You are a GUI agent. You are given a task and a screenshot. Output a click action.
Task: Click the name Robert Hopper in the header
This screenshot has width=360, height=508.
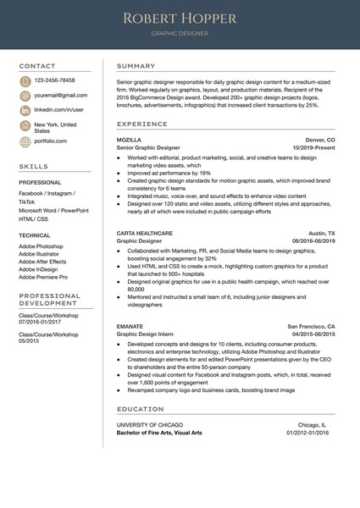[x=180, y=18]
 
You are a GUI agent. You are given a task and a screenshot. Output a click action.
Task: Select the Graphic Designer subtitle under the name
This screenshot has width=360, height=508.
[x=180, y=36]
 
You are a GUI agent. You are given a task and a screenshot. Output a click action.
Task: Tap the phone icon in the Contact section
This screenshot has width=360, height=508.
[x=25, y=81]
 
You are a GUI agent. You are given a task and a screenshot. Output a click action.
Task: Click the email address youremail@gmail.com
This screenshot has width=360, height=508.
[x=61, y=96]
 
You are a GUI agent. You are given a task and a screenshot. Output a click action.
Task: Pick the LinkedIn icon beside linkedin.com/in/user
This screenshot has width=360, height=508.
[x=25, y=111]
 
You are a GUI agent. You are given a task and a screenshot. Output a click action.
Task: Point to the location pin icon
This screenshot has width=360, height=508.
[x=25, y=126]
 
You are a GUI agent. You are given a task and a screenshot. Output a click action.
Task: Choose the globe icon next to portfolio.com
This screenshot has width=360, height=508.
[x=25, y=142]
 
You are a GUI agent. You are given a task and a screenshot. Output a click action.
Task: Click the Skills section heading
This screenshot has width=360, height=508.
[x=34, y=168]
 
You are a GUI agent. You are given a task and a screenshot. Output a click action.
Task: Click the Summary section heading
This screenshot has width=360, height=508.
[x=136, y=66]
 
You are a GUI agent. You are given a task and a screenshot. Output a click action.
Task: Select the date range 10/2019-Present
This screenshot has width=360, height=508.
[x=313, y=148]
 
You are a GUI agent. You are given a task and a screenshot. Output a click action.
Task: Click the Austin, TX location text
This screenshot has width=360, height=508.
[x=321, y=232]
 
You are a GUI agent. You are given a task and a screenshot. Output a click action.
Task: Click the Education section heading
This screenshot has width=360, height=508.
[x=141, y=409]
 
